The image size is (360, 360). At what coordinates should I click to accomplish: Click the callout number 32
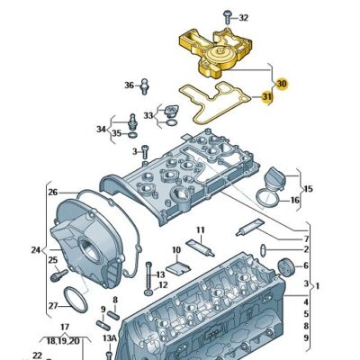[x=244, y=18]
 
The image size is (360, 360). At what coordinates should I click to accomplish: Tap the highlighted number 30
[x=281, y=84]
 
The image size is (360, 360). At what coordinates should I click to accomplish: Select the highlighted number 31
[x=266, y=97]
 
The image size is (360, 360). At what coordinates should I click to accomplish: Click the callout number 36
[x=129, y=85]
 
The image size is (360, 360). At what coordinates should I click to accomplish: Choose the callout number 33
[x=148, y=115]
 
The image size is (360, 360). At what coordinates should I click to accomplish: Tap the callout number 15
[x=309, y=189]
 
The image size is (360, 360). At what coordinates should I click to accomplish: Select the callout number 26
[x=52, y=192]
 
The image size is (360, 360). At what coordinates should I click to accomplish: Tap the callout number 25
[x=52, y=261]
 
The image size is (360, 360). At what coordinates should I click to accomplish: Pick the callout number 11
[x=201, y=230]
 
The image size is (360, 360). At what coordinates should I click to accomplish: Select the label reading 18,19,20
[x=64, y=341]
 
